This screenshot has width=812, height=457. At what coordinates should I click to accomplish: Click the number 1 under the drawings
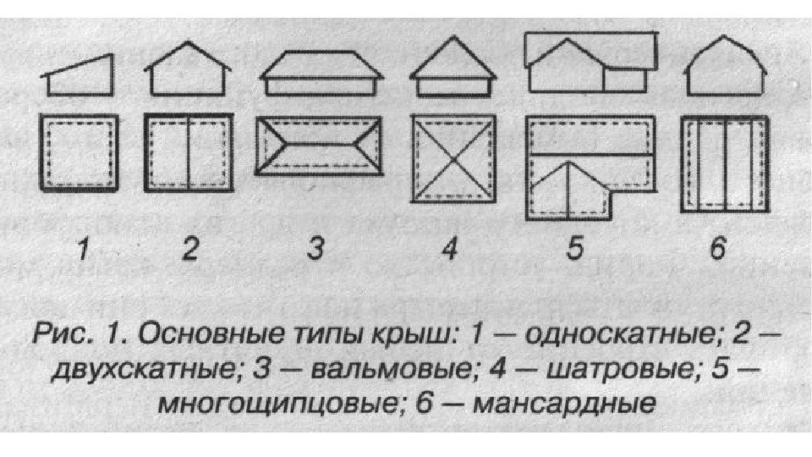coord(82,250)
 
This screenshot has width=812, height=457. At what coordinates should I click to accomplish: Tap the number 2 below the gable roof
coord(189,250)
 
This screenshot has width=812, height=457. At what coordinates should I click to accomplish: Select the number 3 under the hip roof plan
coord(316,250)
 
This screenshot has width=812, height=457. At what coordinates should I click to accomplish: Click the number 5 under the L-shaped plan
coord(574,250)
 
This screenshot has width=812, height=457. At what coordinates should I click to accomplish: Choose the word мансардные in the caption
coord(553,401)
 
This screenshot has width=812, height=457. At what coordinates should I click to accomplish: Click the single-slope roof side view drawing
coord(81,76)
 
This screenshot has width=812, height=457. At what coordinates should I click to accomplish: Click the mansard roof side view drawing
coord(725,69)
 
